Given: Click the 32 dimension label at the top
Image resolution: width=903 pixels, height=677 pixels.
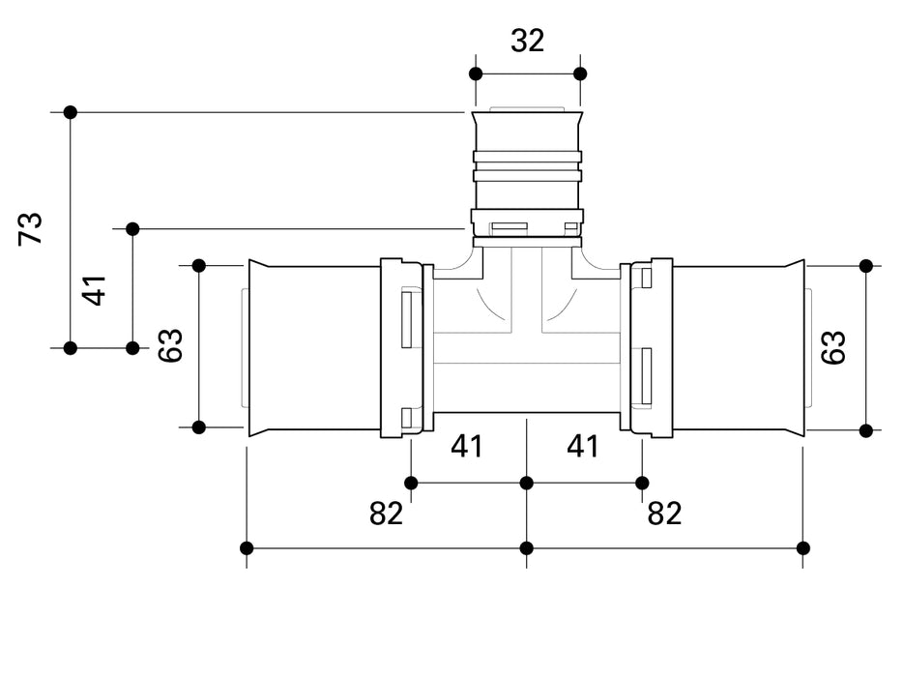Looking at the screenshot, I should [528, 41].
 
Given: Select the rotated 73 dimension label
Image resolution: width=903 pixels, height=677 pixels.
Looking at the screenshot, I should [32, 229].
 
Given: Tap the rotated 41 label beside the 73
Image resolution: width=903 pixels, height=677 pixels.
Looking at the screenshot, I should [95, 289].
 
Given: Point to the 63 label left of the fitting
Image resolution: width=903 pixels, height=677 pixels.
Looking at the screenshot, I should [170, 345].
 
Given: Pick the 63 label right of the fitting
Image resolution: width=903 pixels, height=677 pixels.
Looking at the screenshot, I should [833, 347].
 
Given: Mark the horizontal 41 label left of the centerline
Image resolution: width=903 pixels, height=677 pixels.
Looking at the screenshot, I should [467, 447].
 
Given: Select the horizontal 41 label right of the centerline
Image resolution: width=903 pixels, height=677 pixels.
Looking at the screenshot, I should [583, 447].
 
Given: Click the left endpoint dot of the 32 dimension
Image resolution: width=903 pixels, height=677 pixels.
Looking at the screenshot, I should [475, 74].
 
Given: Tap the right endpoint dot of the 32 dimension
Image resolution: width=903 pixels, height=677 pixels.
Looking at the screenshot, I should [580, 74].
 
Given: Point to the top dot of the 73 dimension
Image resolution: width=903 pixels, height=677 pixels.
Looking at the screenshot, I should [70, 112].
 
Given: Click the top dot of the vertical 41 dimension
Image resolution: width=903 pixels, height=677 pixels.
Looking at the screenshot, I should [132, 229].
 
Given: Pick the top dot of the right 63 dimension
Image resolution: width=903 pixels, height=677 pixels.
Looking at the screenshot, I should [866, 265].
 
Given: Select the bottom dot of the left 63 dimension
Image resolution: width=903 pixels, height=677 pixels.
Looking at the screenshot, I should [199, 427].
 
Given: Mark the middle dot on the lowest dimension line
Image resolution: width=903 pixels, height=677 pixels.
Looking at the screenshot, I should [527, 548].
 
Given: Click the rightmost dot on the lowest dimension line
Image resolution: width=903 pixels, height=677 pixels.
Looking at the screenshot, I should [803, 548].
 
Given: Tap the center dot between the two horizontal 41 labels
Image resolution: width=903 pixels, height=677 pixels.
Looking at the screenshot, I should [527, 483].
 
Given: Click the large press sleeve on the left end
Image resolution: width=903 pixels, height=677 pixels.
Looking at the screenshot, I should [314, 348].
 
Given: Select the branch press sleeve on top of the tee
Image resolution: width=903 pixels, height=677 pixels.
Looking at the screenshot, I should [527, 169].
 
